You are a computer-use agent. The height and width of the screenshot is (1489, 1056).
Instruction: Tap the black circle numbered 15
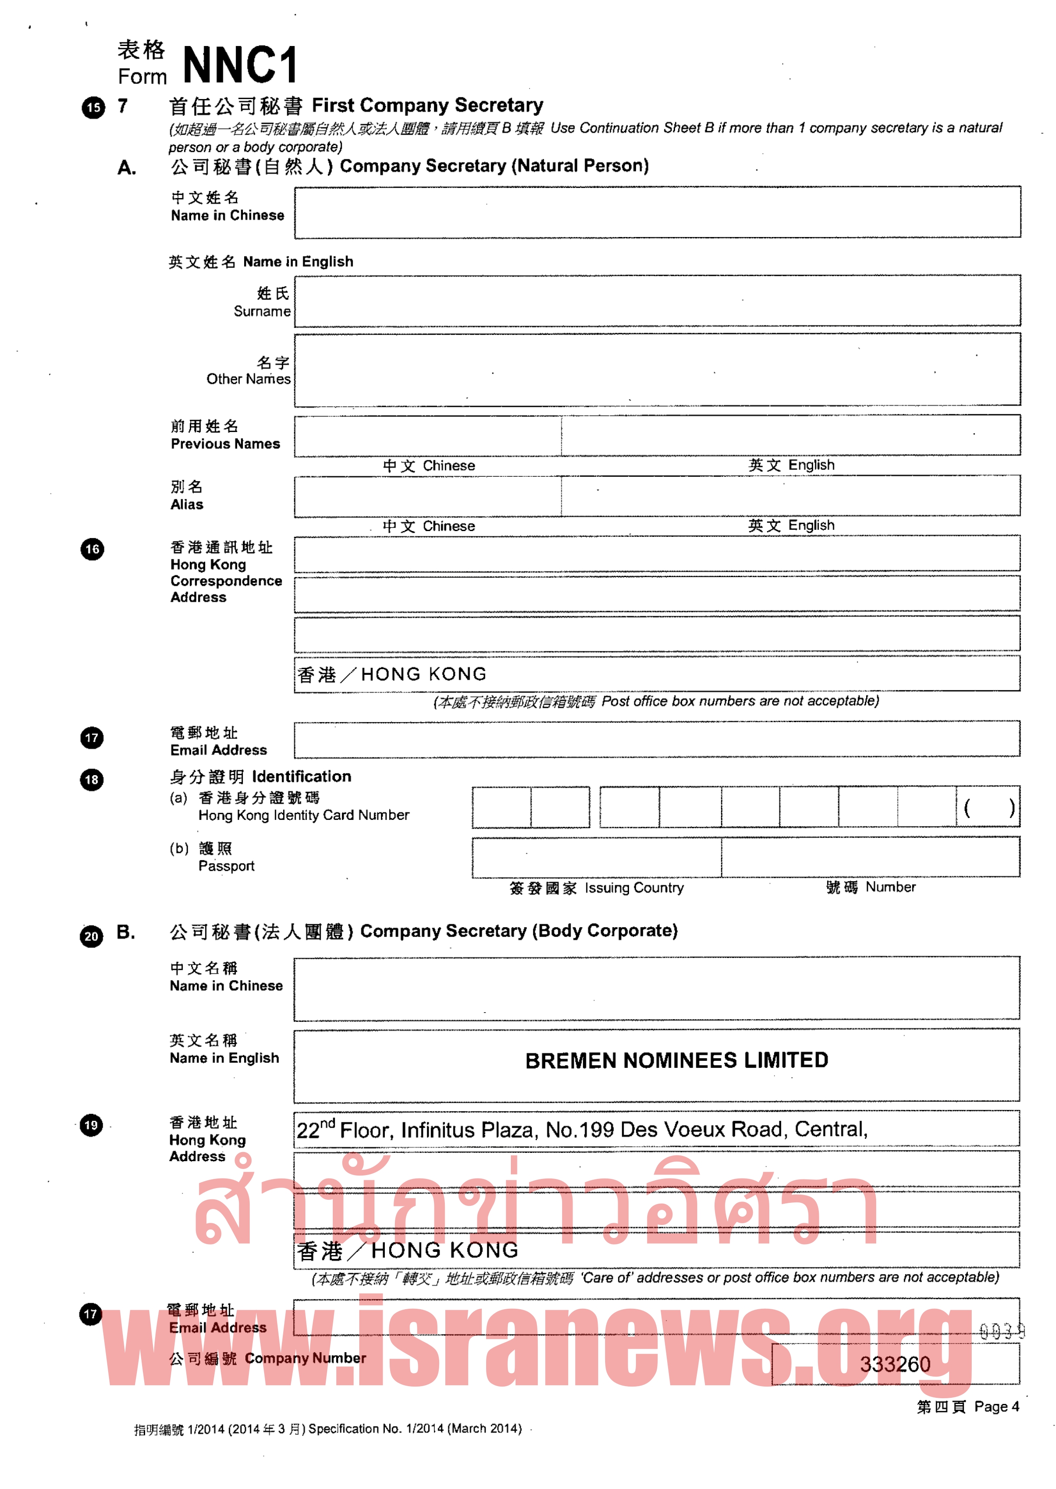coord(93,108)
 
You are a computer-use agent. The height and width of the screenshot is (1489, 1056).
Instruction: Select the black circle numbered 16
coord(93,549)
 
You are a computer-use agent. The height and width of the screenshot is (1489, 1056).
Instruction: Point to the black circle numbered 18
coord(92,779)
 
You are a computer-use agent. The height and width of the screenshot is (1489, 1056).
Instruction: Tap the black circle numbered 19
coord(91,1125)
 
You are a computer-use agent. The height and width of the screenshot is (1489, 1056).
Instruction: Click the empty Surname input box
coord(657,301)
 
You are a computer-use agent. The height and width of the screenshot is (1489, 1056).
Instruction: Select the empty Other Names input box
coord(657,369)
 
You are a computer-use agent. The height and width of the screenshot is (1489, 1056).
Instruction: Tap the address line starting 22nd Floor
coord(582,1129)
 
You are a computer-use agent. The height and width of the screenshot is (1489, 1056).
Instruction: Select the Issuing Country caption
coord(633,888)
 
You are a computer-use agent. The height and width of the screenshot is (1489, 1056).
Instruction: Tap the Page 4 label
coord(996,1406)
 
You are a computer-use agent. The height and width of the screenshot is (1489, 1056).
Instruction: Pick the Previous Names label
coord(225,444)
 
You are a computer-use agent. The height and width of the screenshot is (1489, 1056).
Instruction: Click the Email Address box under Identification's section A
coord(657,739)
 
